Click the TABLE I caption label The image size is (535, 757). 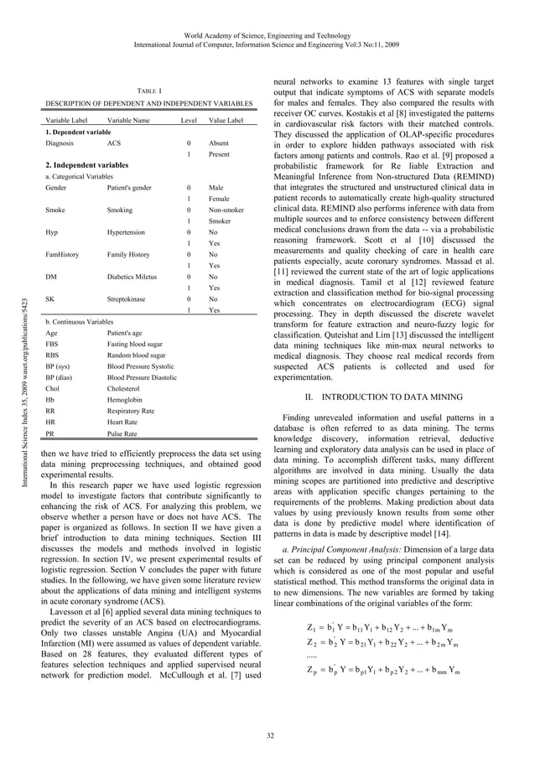pyautogui.click(x=148, y=90)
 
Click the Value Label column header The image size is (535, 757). pyautogui.click(x=226, y=122)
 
